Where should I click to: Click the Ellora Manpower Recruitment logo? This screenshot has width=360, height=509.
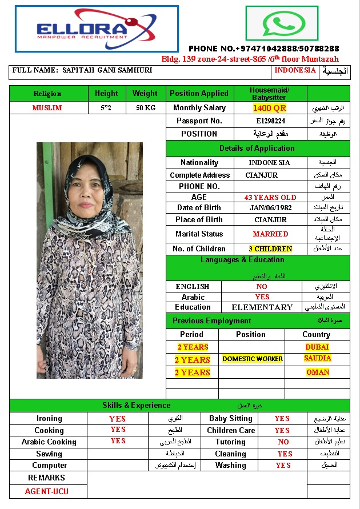97,29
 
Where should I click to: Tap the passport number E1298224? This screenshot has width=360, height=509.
270,121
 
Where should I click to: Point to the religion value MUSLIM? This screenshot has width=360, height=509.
47,107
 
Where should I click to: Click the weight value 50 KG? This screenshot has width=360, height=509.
145,107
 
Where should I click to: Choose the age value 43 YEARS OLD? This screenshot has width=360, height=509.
270,197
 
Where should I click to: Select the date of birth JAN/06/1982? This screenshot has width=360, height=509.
270,208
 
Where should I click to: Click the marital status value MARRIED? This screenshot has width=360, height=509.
270,234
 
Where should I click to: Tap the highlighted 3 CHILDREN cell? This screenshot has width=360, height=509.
270,249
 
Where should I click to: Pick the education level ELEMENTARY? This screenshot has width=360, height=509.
262,307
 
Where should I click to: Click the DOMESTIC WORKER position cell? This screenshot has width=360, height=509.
253,359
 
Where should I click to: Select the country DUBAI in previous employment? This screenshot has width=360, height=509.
317,347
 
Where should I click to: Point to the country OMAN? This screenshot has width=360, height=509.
317,372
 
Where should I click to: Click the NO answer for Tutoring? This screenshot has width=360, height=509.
283,442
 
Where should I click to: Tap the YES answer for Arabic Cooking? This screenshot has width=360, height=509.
118,441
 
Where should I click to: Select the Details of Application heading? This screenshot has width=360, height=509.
257,148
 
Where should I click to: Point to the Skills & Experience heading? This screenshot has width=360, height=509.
137,406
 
